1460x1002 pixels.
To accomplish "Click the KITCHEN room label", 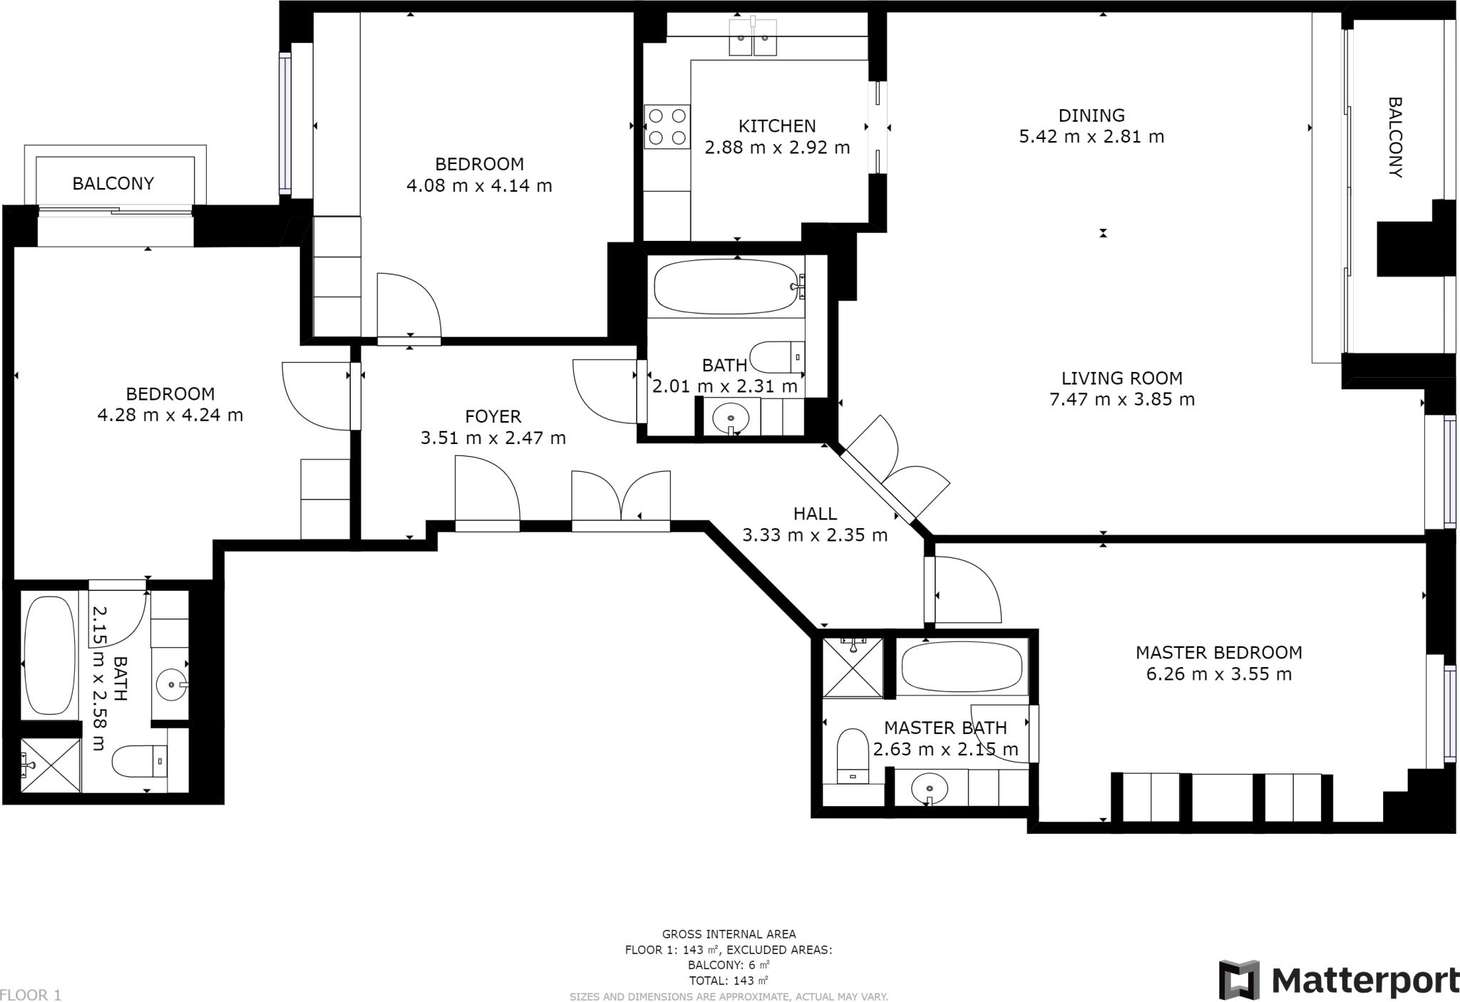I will tap(776, 126).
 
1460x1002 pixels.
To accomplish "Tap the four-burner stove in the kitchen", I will tap(667, 126).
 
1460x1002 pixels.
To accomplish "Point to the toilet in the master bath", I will tap(853, 755).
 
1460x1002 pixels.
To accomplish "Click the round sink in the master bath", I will tap(930, 789).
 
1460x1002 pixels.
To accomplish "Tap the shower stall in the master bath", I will tap(853, 668).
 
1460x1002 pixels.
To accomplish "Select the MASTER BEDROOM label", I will tap(1218, 652).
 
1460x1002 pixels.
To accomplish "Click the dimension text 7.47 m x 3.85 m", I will tap(1121, 399).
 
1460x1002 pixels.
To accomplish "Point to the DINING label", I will tap(1091, 115).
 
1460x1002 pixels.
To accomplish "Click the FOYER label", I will tap(493, 416).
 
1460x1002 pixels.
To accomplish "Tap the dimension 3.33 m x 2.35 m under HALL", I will tap(815, 534).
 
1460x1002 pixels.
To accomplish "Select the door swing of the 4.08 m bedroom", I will tap(408, 306).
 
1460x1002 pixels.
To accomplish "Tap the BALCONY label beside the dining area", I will tap(1395, 138).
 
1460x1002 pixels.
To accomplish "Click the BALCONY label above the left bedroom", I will tap(113, 184).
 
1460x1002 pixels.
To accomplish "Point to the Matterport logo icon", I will tap(1239, 980).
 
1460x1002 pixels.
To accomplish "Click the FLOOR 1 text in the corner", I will tap(31, 995).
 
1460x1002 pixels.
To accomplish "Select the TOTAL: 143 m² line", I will tap(729, 980).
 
